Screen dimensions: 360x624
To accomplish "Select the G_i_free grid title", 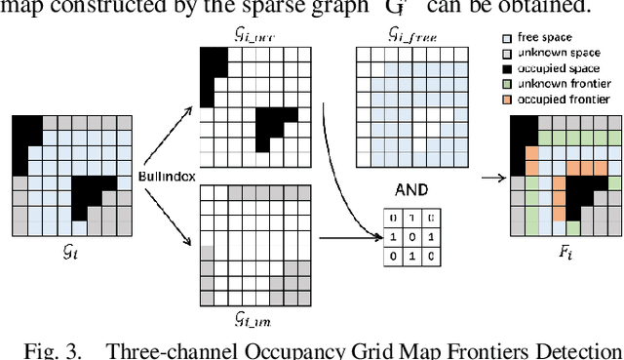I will [x=387, y=35].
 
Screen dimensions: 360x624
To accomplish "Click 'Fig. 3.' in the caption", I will [x=47, y=348].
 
